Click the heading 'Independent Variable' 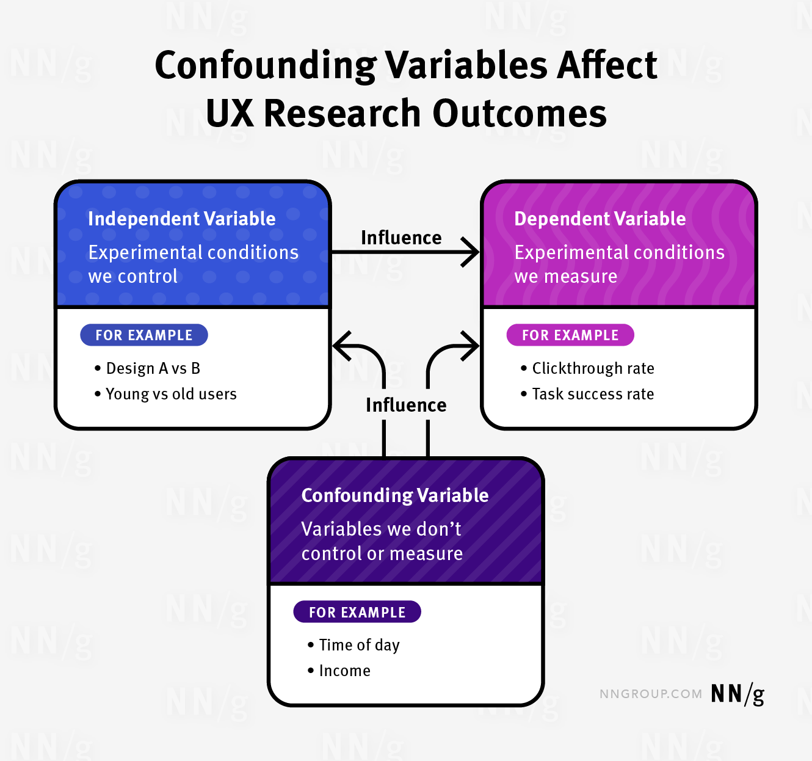(x=181, y=219)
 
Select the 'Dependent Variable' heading (x=600, y=219)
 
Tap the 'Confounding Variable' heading (x=394, y=495)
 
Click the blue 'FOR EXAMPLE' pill (x=144, y=335)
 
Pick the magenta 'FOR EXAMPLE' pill (x=570, y=335)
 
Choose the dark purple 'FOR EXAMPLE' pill (x=357, y=612)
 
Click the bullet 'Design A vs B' (x=153, y=368)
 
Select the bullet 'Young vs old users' (x=171, y=394)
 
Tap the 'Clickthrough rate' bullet (x=593, y=368)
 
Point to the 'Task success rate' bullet (x=593, y=394)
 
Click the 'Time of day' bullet (x=359, y=645)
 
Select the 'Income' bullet (x=344, y=671)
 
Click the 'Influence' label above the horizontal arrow (x=401, y=238)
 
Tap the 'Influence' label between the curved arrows (x=406, y=405)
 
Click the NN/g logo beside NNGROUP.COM (x=737, y=694)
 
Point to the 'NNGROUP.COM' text (x=650, y=694)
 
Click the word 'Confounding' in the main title (x=266, y=65)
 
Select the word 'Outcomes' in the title (x=520, y=114)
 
